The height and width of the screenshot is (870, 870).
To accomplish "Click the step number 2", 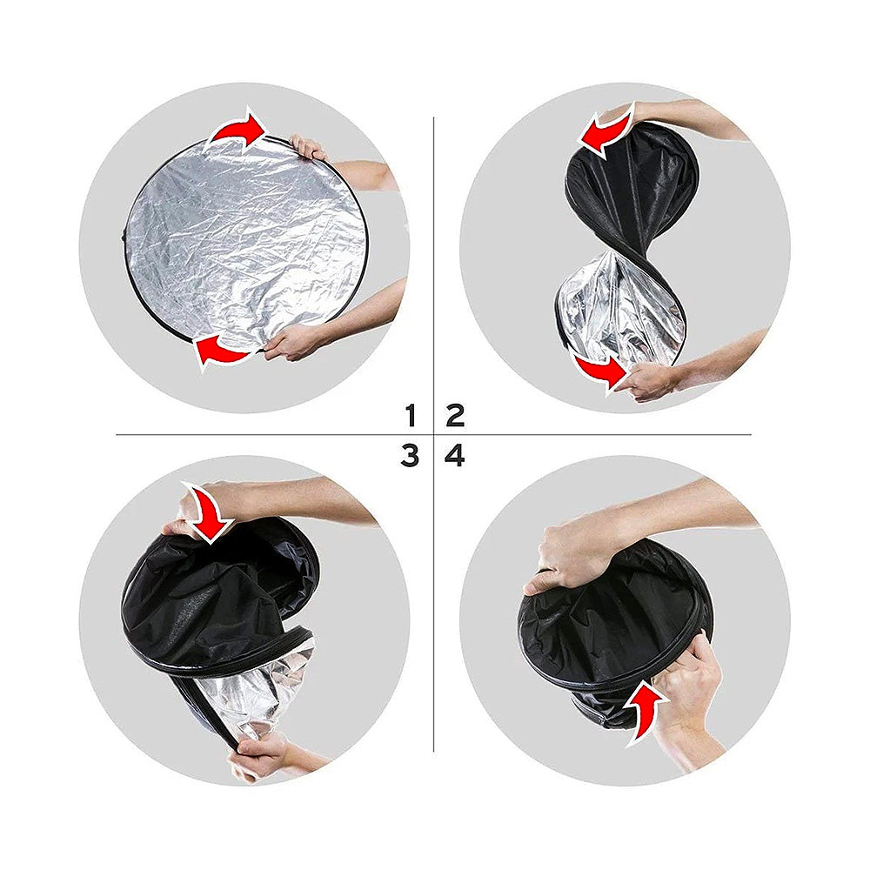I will [x=455, y=415].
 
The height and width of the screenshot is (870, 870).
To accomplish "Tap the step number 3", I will [x=410, y=455].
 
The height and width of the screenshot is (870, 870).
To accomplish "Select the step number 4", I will [x=455, y=455].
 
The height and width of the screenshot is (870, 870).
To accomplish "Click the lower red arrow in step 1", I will [x=223, y=349].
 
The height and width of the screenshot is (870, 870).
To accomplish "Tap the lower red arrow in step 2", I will [x=599, y=369].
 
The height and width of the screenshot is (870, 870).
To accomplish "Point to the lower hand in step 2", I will [x=647, y=381].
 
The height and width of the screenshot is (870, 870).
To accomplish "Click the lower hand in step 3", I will [x=261, y=755].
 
